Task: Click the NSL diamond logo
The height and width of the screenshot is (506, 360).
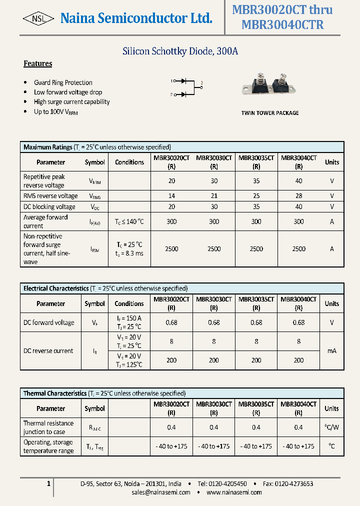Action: (x=38, y=19)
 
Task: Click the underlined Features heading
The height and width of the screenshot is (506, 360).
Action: (x=38, y=63)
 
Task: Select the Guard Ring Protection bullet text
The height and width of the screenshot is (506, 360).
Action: (x=63, y=82)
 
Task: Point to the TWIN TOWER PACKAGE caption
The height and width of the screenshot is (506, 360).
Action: (x=270, y=113)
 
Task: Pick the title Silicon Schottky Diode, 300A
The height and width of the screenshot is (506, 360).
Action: (x=180, y=51)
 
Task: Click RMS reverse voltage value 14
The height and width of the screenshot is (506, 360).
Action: (x=171, y=196)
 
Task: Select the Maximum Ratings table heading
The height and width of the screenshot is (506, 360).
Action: (x=48, y=147)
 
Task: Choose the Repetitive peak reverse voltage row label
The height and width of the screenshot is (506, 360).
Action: (x=44, y=181)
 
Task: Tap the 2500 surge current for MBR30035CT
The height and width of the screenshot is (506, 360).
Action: (x=256, y=249)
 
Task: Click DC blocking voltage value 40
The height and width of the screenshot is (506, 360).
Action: (x=298, y=206)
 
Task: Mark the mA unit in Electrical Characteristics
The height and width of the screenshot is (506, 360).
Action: (x=331, y=351)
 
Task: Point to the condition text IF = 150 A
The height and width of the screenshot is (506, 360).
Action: (x=129, y=318)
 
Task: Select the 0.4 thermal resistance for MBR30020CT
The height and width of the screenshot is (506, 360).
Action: (x=171, y=427)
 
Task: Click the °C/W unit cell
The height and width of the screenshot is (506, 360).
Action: (x=331, y=427)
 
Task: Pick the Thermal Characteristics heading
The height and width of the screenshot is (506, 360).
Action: (x=55, y=393)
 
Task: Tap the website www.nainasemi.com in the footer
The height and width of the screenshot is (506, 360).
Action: (x=234, y=492)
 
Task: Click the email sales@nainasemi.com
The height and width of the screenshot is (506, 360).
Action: (x=161, y=492)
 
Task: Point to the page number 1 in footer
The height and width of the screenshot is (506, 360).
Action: (x=48, y=483)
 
